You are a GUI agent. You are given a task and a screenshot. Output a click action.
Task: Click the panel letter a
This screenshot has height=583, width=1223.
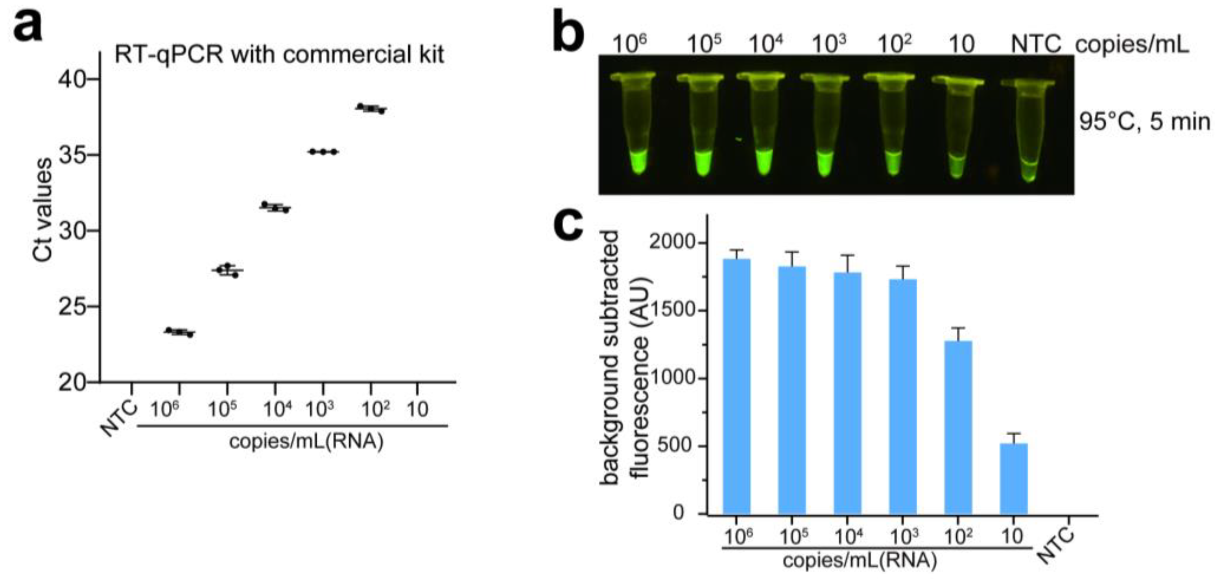click(x=28, y=26)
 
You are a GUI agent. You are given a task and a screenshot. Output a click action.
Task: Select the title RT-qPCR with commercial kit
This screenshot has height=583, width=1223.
click(x=279, y=55)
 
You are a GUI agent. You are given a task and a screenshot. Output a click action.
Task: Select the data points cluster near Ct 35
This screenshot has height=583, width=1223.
click(x=323, y=152)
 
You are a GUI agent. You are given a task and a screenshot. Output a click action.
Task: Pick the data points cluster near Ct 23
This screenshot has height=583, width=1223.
click(x=179, y=332)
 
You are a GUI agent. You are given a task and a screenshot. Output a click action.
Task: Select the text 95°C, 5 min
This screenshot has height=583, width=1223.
click(x=1144, y=122)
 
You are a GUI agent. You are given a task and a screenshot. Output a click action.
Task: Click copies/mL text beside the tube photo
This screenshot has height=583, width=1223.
click(x=1132, y=45)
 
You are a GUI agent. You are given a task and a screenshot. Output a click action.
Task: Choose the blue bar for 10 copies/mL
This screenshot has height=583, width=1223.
click(x=1014, y=479)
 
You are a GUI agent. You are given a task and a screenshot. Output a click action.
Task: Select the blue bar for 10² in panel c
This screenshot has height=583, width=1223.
click(x=958, y=427)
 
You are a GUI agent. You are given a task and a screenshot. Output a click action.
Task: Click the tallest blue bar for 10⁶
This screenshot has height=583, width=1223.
click(x=736, y=386)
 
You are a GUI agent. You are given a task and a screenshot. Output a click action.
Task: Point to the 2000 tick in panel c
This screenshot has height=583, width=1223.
click(x=672, y=243)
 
